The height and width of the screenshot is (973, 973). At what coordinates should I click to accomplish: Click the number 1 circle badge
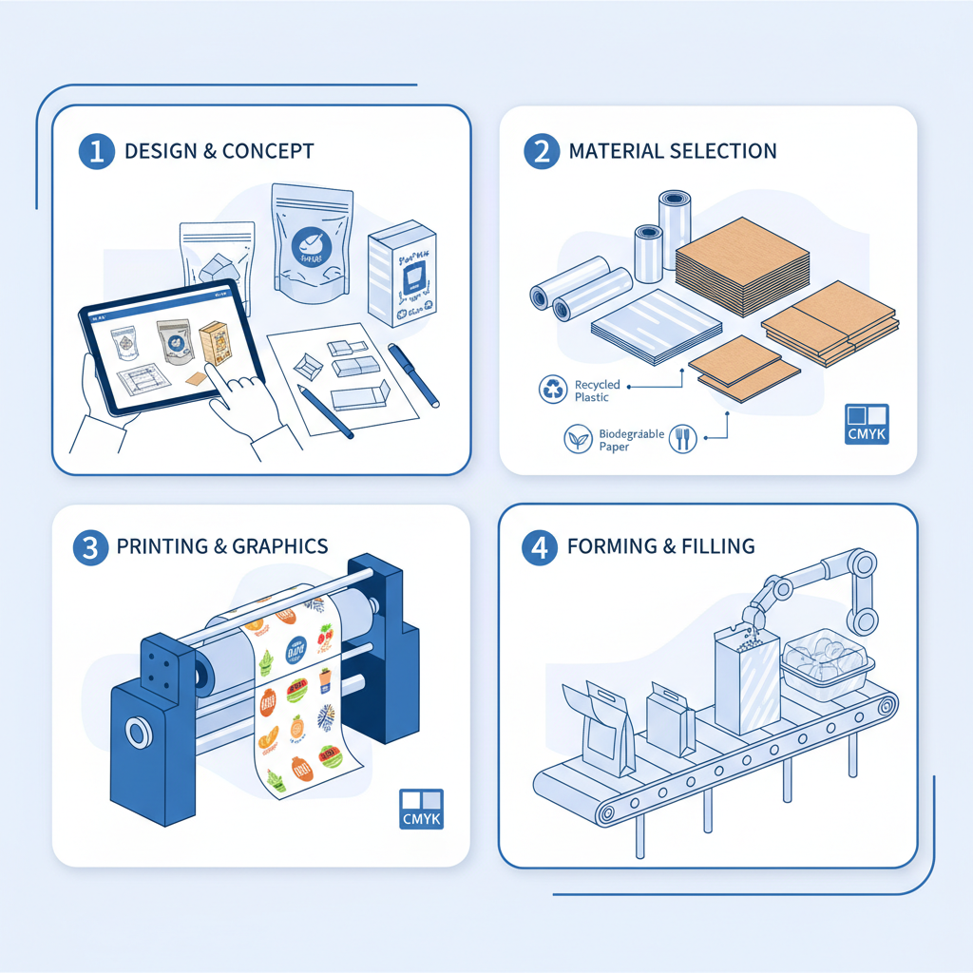click(x=96, y=152)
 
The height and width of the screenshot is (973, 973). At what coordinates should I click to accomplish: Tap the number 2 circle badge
click(x=542, y=151)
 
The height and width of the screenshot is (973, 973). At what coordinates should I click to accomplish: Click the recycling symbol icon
click(x=552, y=389)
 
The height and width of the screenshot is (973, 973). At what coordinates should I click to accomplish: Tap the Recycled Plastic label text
click(x=598, y=391)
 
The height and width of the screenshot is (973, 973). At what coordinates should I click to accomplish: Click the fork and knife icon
click(x=683, y=438)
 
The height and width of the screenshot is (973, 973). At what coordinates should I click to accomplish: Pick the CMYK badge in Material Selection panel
click(x=866, y=425)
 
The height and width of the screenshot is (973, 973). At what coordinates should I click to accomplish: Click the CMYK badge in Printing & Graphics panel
click(x=421, y=810)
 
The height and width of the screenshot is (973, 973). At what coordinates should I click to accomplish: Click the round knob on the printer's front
click(x=137, y=734)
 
